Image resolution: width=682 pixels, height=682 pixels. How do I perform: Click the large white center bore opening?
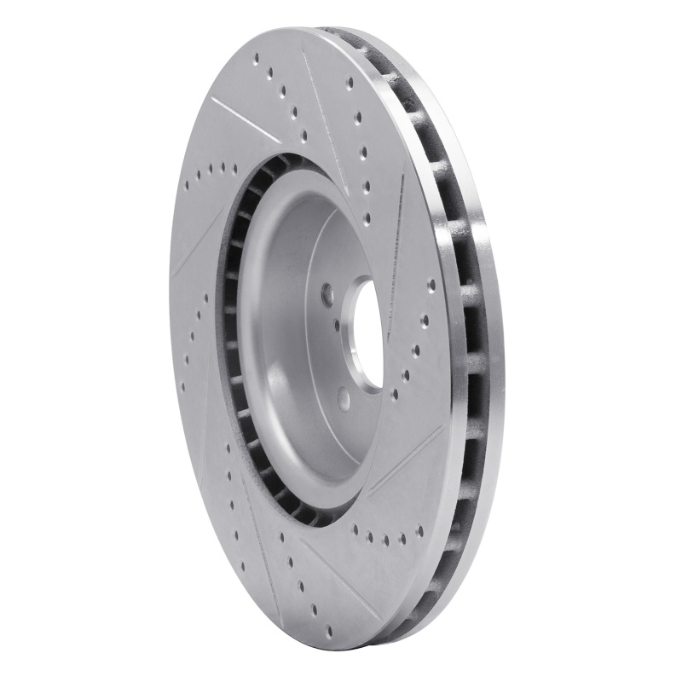point(368,334)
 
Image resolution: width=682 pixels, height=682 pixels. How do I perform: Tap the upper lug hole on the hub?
point(327,294)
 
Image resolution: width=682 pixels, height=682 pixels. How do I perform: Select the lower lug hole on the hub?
point(344,397)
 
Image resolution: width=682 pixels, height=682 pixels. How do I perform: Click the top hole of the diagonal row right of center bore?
point(431,285)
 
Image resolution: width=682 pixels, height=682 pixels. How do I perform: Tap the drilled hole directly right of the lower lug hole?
point(394,395)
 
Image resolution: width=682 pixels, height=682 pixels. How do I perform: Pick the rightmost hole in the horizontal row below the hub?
point(419,530)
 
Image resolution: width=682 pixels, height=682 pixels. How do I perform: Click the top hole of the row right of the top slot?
point(350,83)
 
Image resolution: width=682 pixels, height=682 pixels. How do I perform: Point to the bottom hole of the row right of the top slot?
point(367,220)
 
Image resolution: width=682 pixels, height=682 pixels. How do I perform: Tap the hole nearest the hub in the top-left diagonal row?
point(303,134)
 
